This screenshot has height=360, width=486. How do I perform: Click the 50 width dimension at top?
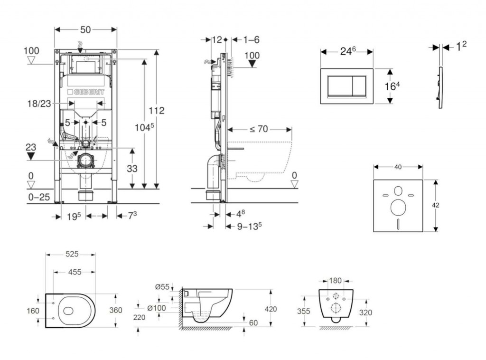[85, 29]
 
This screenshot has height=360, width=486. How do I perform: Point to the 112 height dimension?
[156, 111]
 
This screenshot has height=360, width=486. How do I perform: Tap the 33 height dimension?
[132, 168]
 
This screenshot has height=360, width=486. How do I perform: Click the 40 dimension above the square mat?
[398, 167]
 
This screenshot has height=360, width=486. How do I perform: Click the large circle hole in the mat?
[398, 208]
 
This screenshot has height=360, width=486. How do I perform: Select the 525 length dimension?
[71, 255]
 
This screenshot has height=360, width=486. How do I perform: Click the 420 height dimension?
[271, 309]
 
